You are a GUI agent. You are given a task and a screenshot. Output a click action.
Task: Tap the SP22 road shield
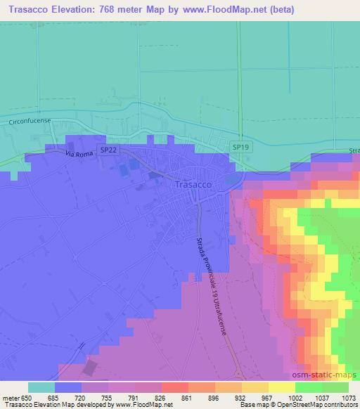[108, 150]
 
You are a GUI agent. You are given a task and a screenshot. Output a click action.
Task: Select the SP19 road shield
[240, 147]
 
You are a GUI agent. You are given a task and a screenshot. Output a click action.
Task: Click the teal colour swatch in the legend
[41, 387]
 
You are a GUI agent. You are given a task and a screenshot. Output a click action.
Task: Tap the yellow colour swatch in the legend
[281, 387]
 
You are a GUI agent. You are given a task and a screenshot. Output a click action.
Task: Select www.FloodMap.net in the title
[216, 9]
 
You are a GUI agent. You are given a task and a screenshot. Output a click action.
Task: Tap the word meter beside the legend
[11, 397]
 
